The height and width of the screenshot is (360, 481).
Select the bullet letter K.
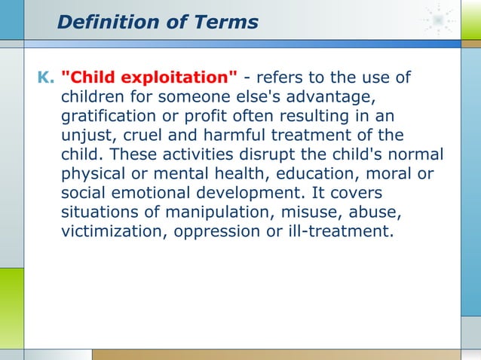pyautogui.click(x=44, y=78)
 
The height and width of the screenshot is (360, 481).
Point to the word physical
pyautogui.click(x=93, y=175)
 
